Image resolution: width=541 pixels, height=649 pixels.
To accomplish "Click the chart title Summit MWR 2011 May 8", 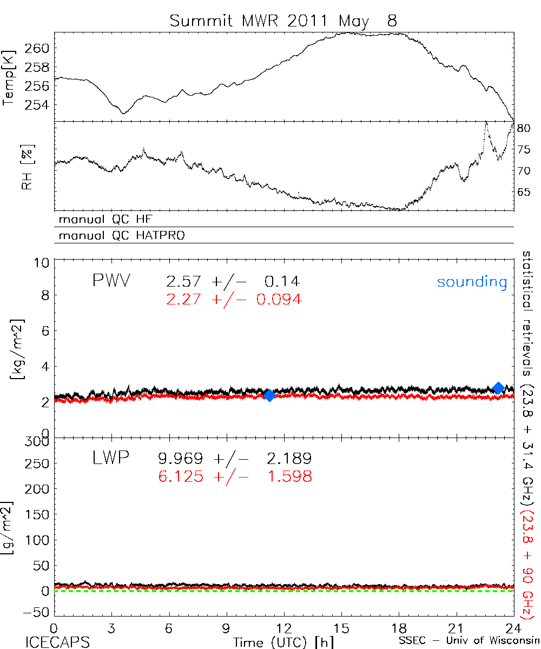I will click(283, 21).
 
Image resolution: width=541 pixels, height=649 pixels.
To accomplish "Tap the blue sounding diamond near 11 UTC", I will click(269, 395).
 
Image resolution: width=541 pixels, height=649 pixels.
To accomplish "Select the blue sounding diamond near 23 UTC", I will click(499, 387).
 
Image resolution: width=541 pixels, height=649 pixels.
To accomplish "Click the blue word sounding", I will click(472, 282).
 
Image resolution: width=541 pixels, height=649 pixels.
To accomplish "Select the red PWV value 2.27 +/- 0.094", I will click(234, 299).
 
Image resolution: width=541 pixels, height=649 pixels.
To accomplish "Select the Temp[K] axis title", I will click(9, 76).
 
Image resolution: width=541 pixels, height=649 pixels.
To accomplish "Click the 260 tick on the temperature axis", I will click(37, 48).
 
